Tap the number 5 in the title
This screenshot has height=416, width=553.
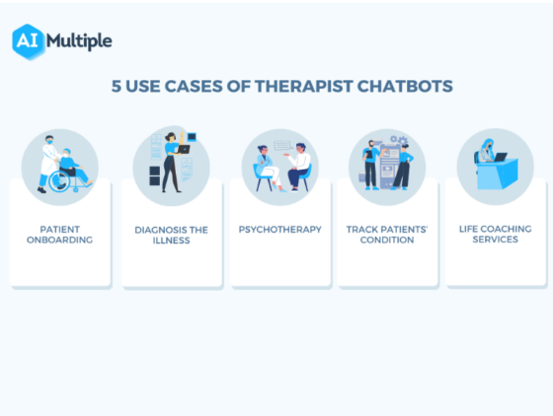coord(116,87)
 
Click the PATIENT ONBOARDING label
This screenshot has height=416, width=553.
coord(59,234)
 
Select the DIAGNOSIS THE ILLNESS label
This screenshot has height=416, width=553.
coord(171,235)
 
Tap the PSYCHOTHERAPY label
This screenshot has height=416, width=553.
coord(279,229)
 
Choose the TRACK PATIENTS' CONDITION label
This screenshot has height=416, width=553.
coord(387,234)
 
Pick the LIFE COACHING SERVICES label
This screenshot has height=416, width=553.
coord(495,234)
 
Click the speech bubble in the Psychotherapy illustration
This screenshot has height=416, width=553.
coord(284,145)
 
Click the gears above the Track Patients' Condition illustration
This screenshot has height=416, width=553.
coord(399,141)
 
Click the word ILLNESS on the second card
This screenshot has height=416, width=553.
coord(171,240)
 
